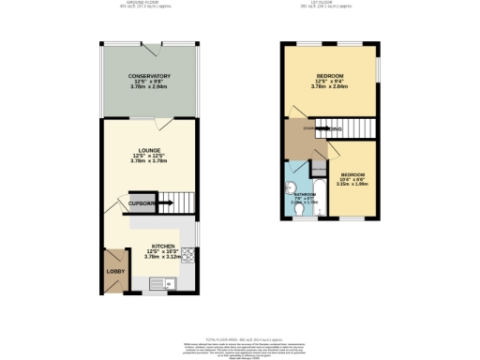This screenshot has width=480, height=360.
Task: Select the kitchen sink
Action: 156,279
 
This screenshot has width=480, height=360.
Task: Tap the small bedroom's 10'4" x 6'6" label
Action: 352,180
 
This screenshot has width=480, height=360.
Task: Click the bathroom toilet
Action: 298,211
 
